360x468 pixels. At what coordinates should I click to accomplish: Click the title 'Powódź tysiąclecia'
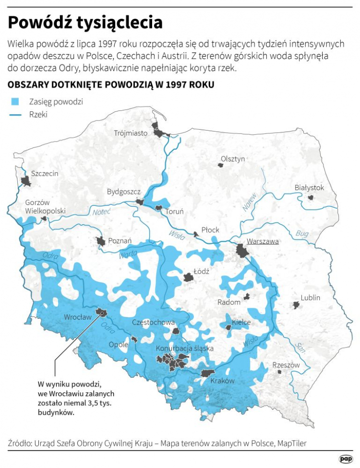coord(85,22)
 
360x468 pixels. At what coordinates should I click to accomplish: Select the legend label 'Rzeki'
coord(38,115)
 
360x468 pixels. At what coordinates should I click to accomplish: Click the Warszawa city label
coord(262,241)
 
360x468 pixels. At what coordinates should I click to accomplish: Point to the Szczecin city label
coord(45,173)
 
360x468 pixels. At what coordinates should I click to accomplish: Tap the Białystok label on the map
coord(309,188)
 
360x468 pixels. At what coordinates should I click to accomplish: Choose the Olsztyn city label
coord(233,159)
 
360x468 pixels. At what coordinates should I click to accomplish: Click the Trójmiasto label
coord(131,133)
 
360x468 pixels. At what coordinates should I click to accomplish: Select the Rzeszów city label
coord(286,365)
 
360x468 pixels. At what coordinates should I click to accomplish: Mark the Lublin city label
coord(310,298)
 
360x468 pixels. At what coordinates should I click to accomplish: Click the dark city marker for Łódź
coord(188,277)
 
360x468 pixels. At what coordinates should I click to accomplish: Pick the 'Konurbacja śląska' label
coord(185,348)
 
